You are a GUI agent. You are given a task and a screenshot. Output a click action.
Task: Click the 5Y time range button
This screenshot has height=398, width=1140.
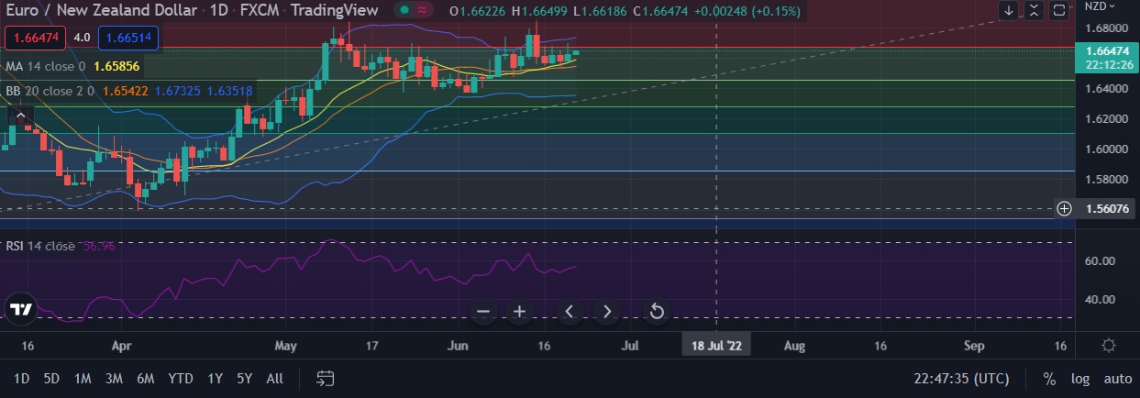point(244,378)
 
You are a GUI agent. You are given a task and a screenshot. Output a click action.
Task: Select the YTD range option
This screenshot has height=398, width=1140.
point(181,378)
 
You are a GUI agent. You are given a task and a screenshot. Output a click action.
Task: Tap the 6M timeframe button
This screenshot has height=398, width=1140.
point(145,378)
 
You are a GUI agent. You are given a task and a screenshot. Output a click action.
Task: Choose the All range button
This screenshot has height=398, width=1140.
point(274,378)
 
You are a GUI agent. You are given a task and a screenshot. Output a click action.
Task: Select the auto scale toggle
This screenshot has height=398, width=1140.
point(1117,378)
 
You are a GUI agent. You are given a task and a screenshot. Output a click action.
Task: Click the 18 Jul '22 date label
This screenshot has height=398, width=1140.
point(716,346)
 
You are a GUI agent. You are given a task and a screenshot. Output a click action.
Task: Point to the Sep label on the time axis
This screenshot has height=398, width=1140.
point(974,346)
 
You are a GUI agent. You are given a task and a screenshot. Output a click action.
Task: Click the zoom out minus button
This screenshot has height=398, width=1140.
point(484,312)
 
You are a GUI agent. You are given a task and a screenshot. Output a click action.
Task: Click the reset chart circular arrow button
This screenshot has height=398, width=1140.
point(657,312)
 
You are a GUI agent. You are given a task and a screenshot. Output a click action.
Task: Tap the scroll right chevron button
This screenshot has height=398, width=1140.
point(606,312)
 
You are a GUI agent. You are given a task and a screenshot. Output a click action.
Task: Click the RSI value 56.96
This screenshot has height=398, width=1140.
point(98,246)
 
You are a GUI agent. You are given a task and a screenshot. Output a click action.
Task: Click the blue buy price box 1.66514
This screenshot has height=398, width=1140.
point(127,39)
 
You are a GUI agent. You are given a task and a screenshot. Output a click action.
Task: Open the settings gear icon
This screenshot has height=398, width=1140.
point(1108,346)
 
